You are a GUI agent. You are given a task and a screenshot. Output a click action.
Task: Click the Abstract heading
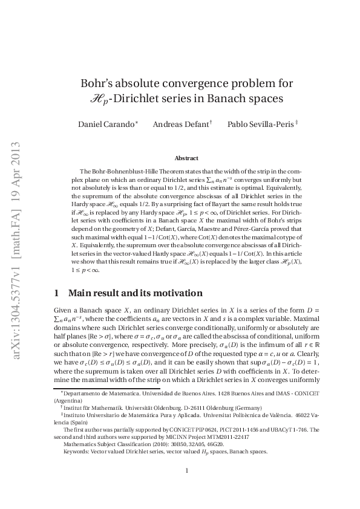[x=186, y=158]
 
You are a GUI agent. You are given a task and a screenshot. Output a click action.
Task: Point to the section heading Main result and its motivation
[x=136, y=293]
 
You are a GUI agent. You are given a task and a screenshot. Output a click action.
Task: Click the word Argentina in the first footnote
[x=69, y=401]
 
